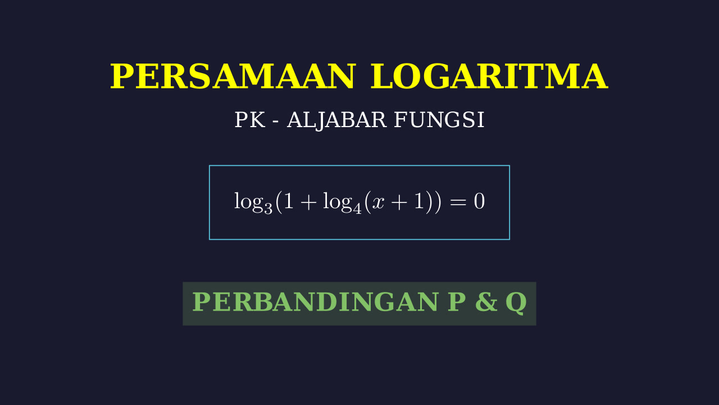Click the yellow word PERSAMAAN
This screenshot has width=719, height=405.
(x=233, y=76)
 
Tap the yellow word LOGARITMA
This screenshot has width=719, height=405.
(x=489, y=76)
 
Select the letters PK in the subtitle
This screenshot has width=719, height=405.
(x=250, y=120)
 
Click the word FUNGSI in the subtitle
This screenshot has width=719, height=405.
(x=439, y=120)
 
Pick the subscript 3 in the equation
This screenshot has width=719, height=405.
(x=268, y=208)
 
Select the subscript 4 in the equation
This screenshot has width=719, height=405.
(x=357, y=208)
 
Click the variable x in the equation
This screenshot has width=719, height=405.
(x=378, y=203)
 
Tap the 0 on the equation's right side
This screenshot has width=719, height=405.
(x=479, y=201)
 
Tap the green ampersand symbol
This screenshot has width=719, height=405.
(x=486, y=302)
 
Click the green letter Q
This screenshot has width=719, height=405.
(x=516, y=303)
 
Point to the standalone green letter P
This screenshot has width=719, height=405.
(x=457, y=302)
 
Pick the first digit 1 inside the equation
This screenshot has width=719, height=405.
(x=289, y=201)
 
